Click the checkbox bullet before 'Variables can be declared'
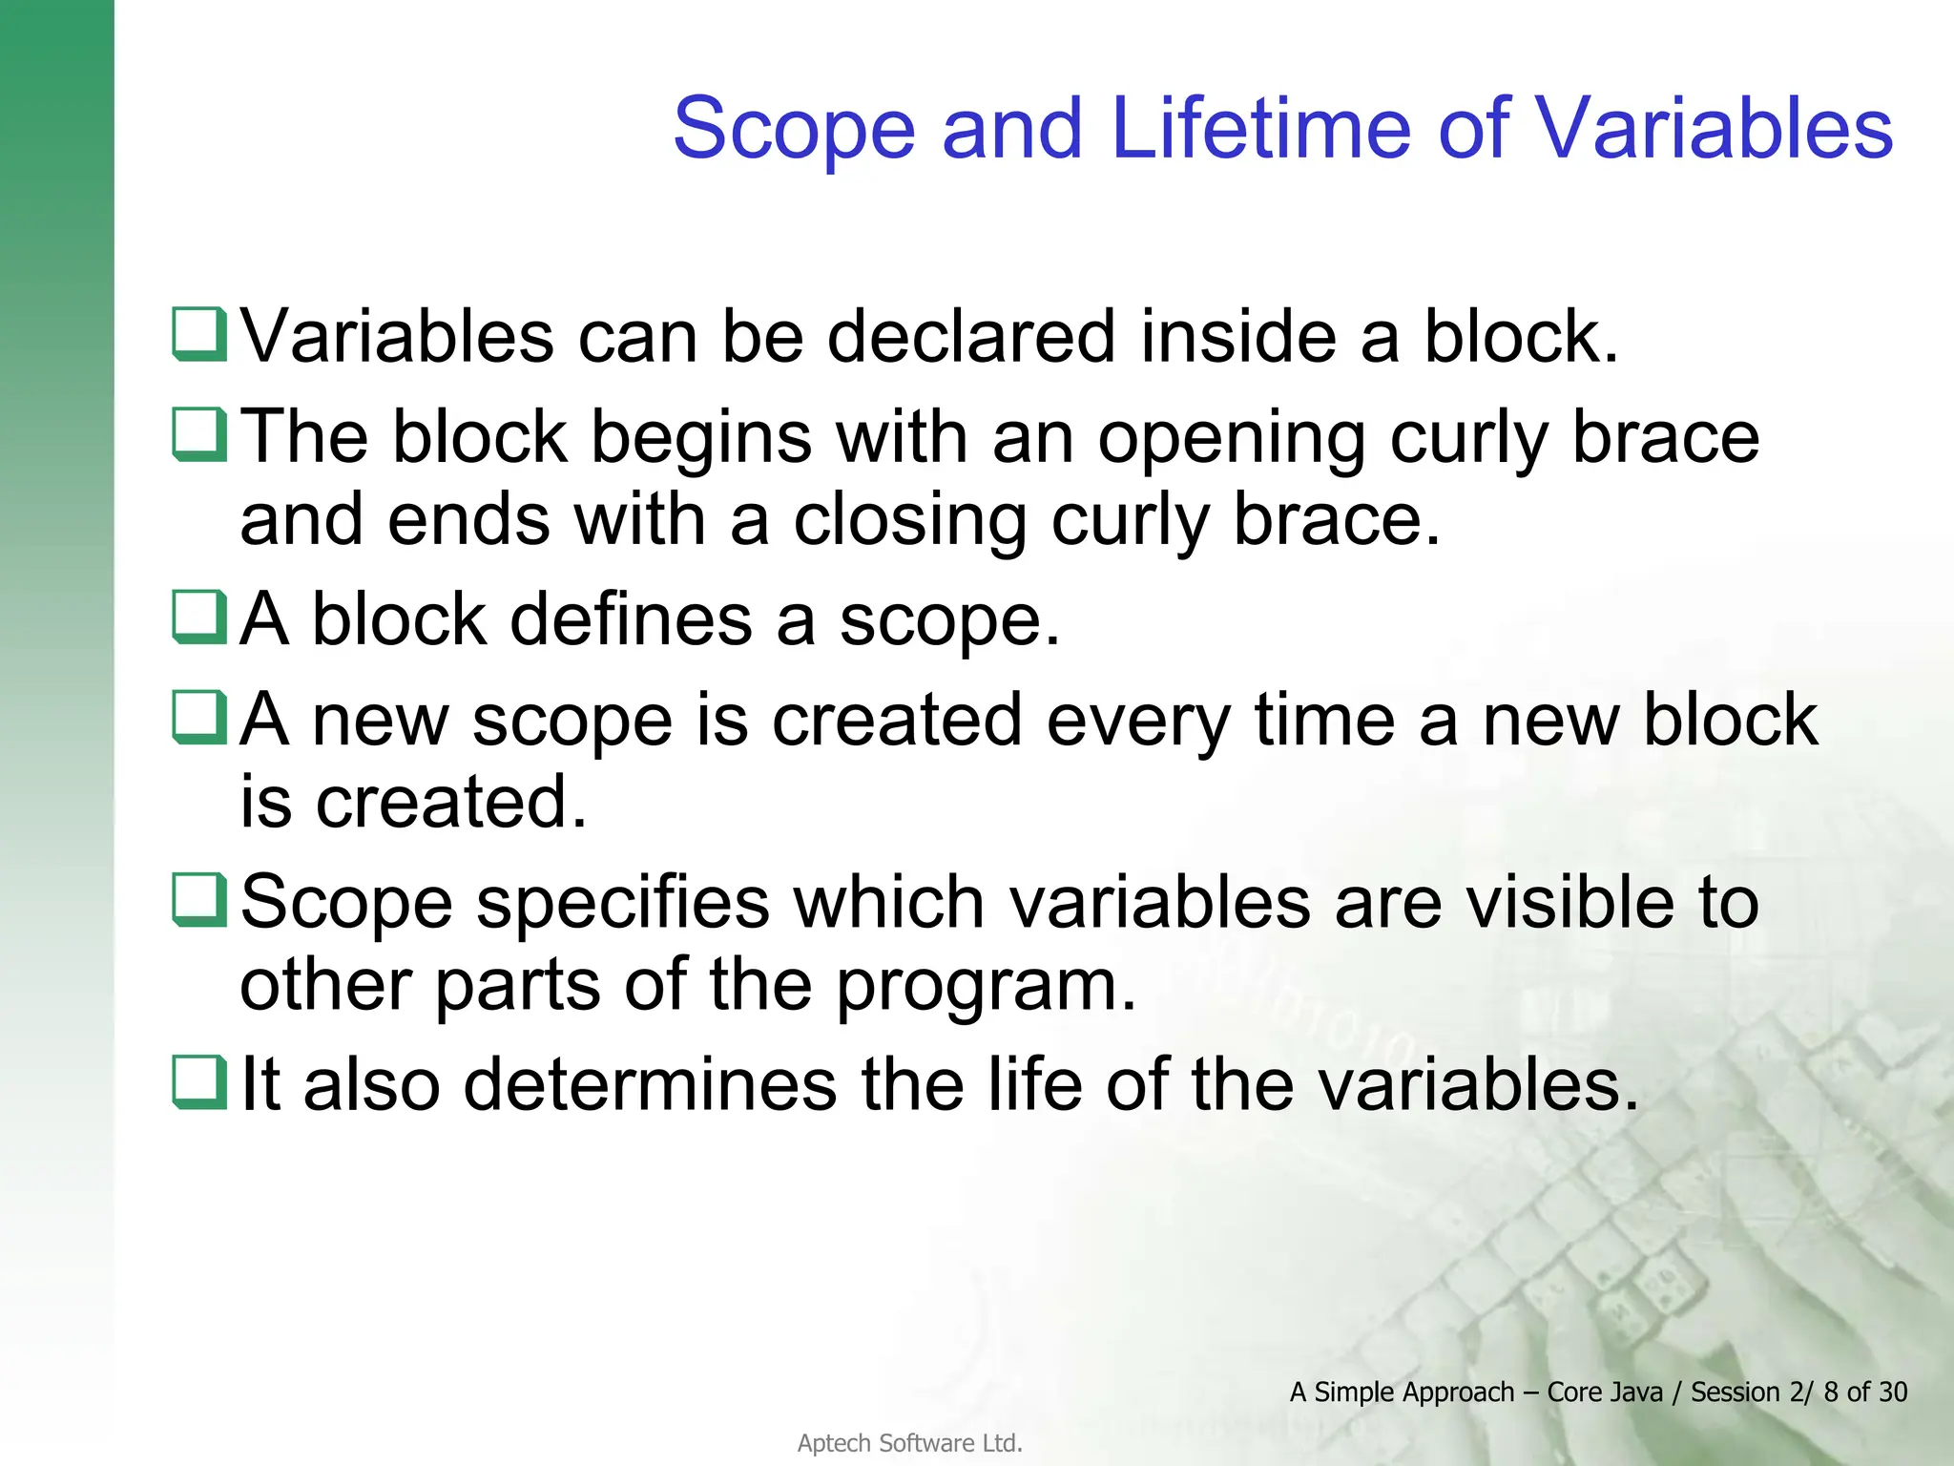pos(199,334)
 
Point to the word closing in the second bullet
pos(910,521)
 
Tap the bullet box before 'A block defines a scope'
pos(199,617)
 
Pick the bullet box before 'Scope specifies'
pos(199,899)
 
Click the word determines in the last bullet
pos(650,1085)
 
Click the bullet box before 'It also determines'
pos(199,1082)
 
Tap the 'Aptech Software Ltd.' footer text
pos(909,1443)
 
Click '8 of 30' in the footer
pos(1864,1393)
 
